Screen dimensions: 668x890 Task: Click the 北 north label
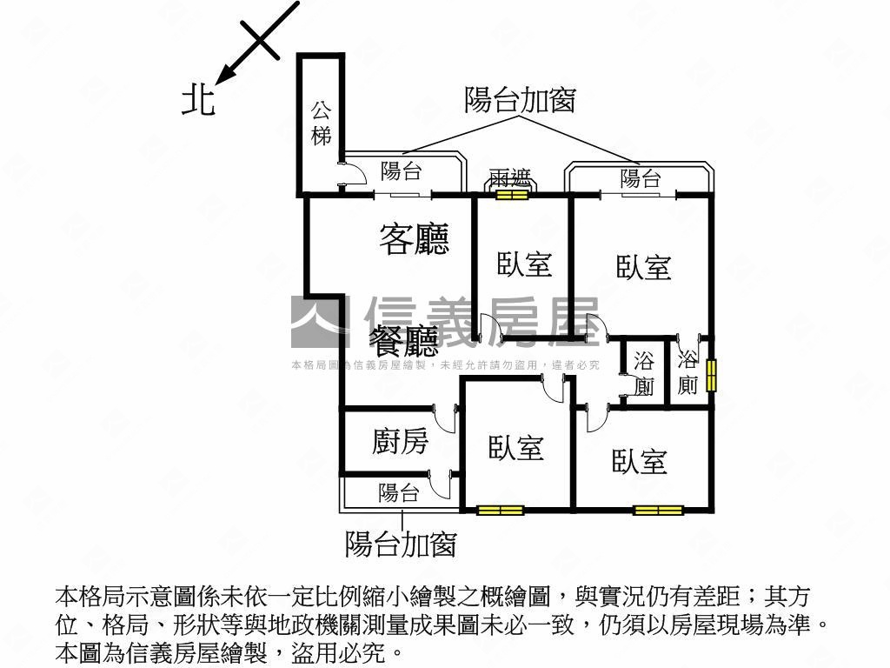pos(198,100)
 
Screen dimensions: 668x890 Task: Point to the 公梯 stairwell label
pos(321,123)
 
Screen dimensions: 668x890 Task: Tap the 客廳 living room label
pos(414,239)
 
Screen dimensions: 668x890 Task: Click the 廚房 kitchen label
pos(400,442)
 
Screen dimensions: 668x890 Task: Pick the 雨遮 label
pos(510,179)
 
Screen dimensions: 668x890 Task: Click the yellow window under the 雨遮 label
pos(512,195)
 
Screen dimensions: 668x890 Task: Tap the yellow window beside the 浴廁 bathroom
pos(711,375)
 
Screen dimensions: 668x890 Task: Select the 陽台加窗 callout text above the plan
pos(520,101)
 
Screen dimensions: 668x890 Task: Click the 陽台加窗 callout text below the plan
pos(401,544)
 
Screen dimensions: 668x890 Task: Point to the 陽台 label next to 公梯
pos(401,170)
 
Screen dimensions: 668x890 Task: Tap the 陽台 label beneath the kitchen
pos(399,493)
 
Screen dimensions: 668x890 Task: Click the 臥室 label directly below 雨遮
pos(525,264)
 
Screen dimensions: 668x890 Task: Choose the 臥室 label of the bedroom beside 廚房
pos(516,448)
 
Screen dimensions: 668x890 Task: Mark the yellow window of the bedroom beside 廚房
pos(500,510)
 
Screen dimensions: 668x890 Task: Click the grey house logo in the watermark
pos(316,321)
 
